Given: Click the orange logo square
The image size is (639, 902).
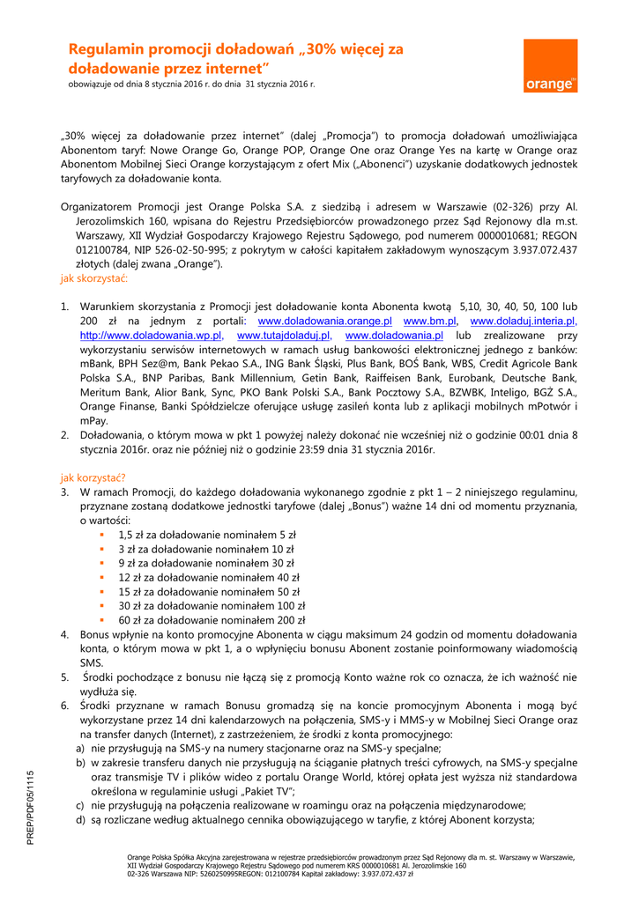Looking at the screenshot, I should tap(551, 66).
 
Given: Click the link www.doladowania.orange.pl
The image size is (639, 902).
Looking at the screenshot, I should tap(324, 322).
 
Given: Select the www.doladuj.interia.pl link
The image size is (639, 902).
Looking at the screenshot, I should tap(523, 322).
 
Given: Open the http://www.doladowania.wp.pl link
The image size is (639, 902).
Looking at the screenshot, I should tap(151, 336).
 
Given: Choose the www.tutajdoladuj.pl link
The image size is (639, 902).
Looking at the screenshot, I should tap(284, 336).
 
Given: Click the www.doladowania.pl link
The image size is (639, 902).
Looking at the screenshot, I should tap(394, 336).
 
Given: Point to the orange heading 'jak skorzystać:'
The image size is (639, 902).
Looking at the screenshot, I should tap(93, 278).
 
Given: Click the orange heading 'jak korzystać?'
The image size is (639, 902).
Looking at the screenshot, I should tap(93, 477).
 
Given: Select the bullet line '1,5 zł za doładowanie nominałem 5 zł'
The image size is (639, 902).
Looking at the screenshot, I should tap(206, 534).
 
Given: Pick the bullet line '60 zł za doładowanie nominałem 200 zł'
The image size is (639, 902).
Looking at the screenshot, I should tap(212, 619).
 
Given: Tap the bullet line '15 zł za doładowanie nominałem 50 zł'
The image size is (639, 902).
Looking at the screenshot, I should tap(209, 591).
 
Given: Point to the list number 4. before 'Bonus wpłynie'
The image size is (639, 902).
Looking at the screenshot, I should tap(65, 634).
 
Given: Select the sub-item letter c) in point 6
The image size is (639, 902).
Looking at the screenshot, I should tap(81, 805).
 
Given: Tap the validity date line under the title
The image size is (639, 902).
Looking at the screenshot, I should tap(191, 84).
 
